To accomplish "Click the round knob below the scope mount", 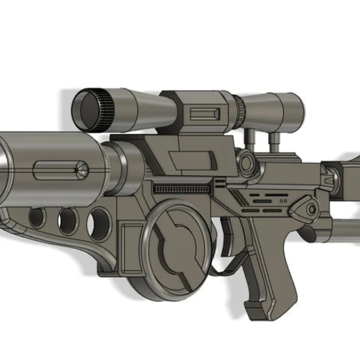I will pyautogui.click(x=247, y=163).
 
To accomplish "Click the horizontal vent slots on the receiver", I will pyautogui.click(x=265, y=198).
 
